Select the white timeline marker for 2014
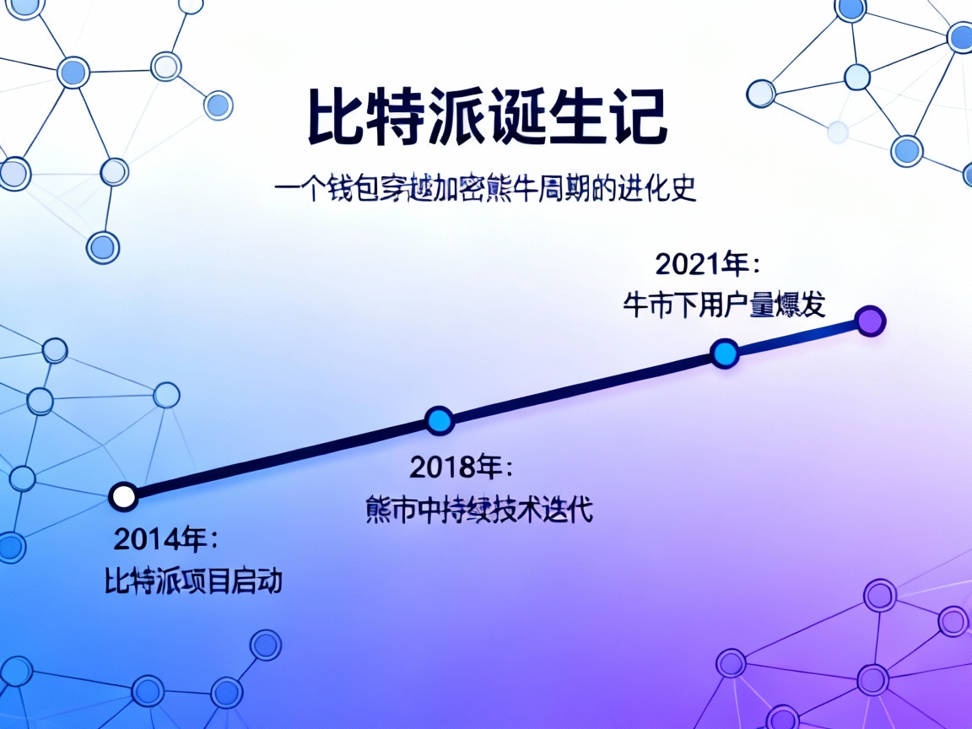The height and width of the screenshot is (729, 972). [124, 496]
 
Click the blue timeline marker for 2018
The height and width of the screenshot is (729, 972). [439, 419]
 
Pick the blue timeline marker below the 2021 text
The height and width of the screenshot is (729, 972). [724, 353]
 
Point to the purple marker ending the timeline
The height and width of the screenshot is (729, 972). [869, 321]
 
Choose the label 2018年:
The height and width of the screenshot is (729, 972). [461, 467]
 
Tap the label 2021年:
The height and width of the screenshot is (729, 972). [707, 264]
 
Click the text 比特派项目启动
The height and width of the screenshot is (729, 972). [193, 581]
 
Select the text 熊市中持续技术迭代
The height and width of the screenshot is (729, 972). [479, 510]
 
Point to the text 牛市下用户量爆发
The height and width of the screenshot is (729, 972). [724, 305]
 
